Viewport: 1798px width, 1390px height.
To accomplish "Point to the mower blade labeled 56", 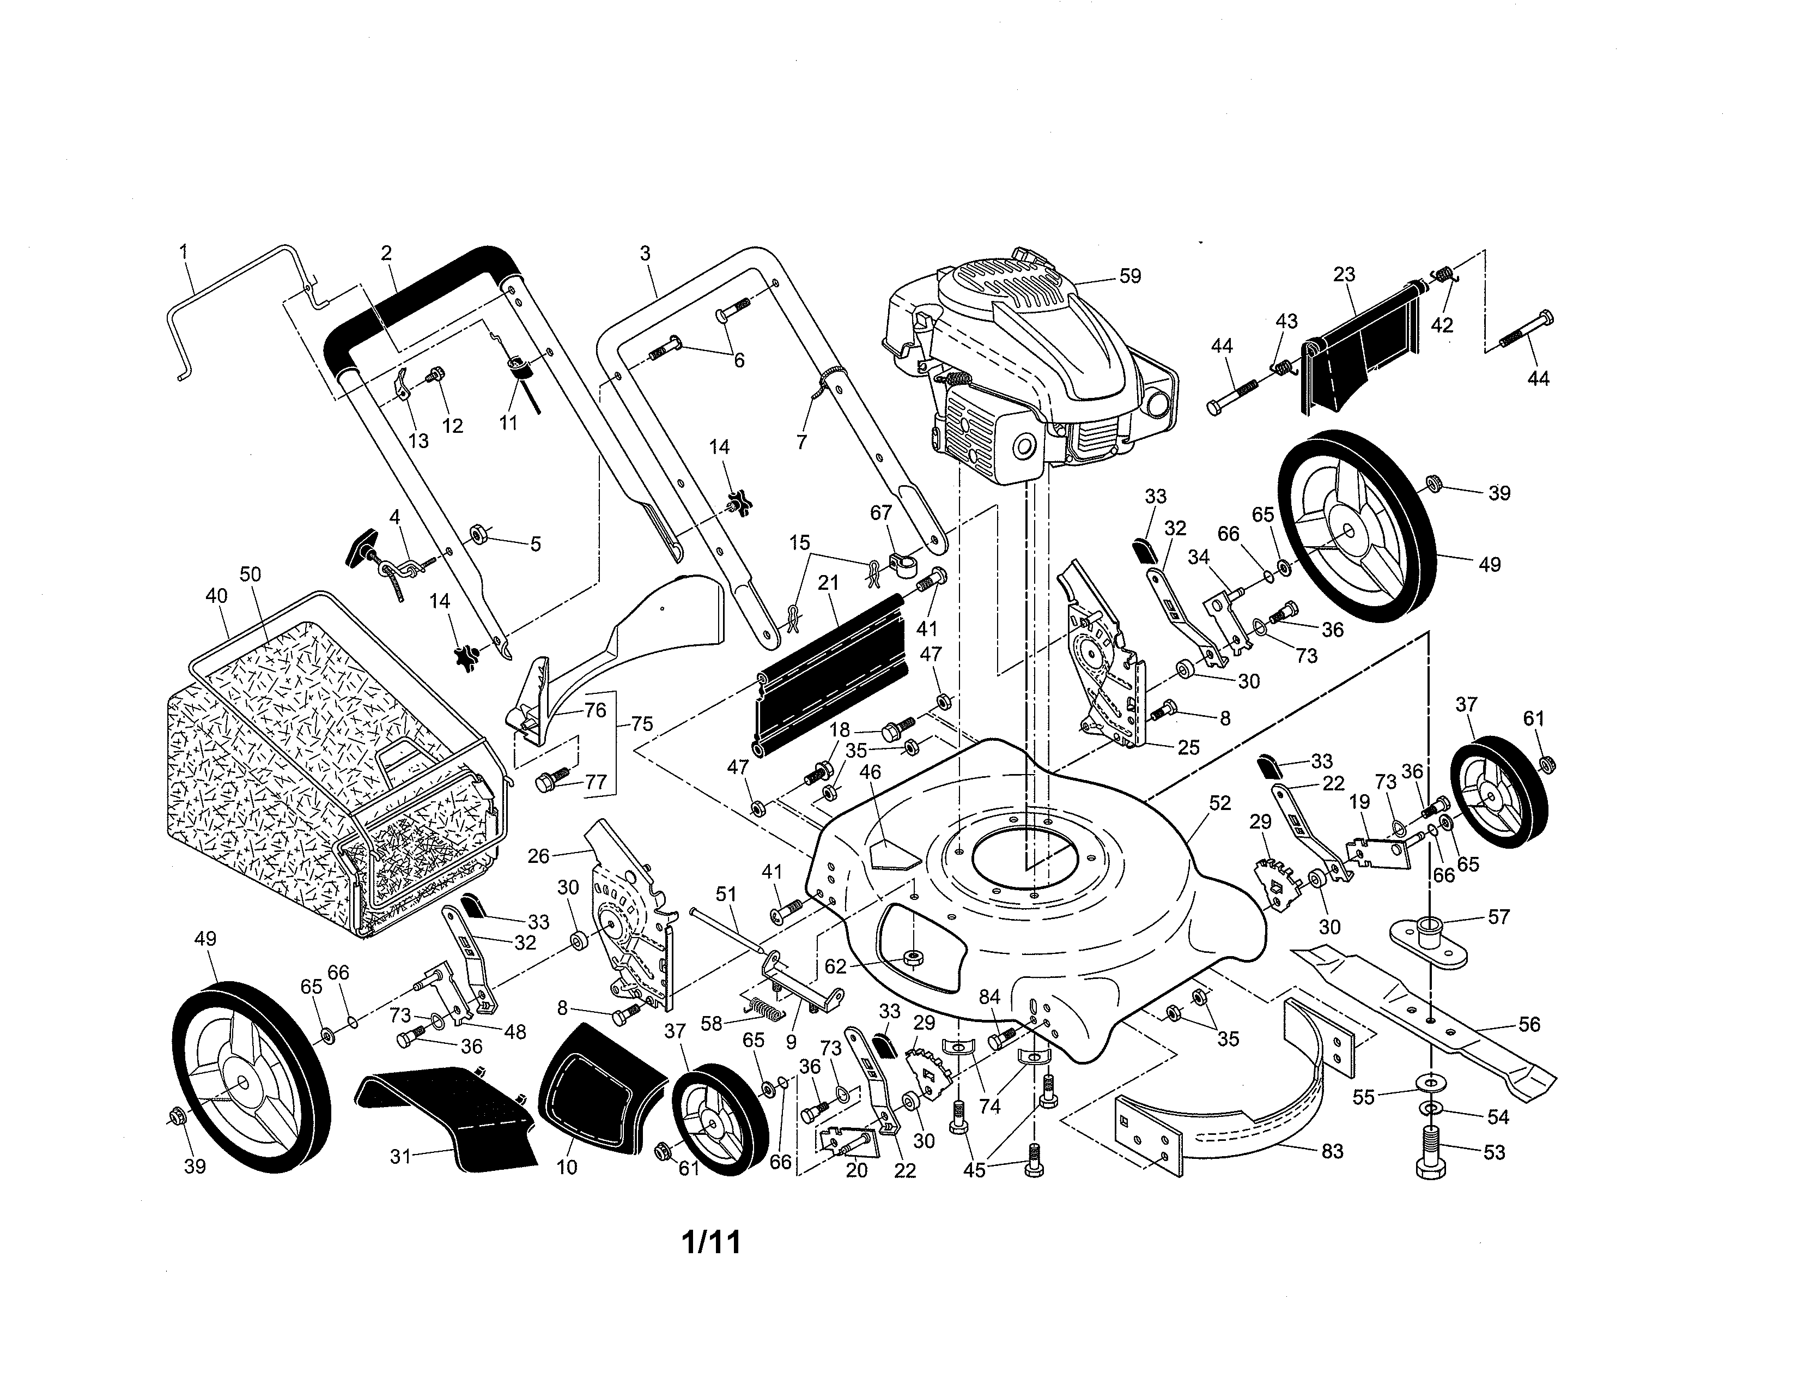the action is click(x=1424, y=1021).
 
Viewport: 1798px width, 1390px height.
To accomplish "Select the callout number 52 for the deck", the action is click(x=1219, y=803).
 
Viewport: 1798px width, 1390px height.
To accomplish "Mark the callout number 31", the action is click(x=400, y=1156).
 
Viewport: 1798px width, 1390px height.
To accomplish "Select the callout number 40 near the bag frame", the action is click(x=216, y=595).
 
